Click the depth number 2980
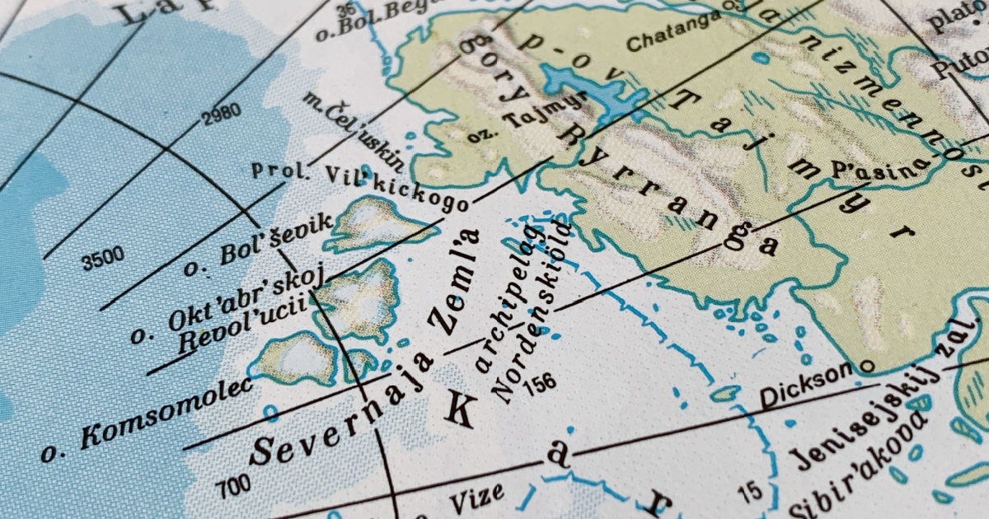[221, 115]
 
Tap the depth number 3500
[103, 259]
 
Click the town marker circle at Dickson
[865, 365]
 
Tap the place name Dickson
[804, 385]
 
